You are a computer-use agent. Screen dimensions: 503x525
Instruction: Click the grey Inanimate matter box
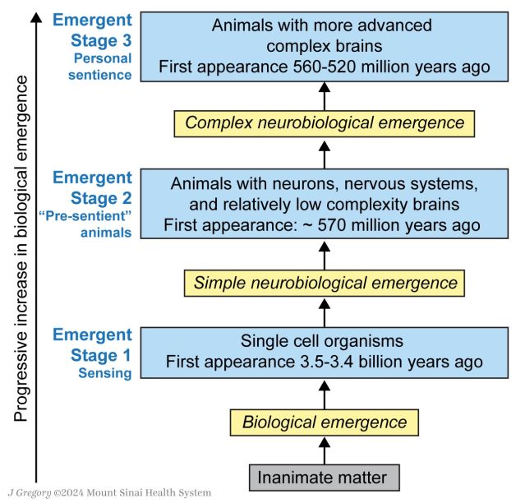click(x=324, y=478)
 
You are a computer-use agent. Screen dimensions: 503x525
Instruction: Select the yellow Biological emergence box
click(x=324, y=423)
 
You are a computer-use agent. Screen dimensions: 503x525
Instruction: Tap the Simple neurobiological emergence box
click(x=324, y=284)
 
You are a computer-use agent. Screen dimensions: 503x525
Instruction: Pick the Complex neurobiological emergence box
click(x=324, y=124)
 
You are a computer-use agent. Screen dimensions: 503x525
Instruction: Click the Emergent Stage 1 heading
click(x=92, y=345)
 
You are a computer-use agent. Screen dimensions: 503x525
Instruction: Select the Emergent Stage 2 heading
click(x=92, y=188)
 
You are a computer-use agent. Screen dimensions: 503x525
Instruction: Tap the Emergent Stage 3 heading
click(x=92, y=30)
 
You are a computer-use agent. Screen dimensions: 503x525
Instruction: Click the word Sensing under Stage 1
click(x=104, y=374)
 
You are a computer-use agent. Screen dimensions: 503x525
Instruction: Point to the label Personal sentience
click(x=102, y=67)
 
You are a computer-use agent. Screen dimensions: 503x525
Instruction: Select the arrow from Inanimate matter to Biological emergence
click(x=324, y=450)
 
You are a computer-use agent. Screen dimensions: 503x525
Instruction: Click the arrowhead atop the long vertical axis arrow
click(x=35, y=16)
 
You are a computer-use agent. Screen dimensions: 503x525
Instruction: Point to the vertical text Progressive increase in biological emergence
click(x=22, y=247)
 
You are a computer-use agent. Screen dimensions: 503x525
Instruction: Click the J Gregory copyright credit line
click(x=108, y=493)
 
